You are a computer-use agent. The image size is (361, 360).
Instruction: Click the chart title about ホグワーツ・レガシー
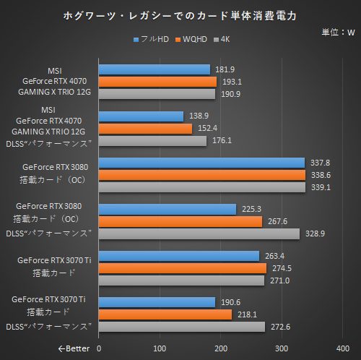click(x=180, y=14)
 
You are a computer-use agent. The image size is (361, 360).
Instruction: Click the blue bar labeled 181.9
click(x=155, y=69)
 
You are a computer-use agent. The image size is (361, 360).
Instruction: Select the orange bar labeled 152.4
click(x=145, y=128)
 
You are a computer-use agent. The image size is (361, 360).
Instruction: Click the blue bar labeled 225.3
click(x=168, y=210)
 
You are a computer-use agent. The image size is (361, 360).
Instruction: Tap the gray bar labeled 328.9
click(x=199, y=233)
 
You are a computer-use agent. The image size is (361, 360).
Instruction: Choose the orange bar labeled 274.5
click(x=183, y=268)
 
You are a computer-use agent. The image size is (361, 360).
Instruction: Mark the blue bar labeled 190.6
click(x=157, y=302)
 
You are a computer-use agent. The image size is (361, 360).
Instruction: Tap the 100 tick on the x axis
click(x=160, y=348)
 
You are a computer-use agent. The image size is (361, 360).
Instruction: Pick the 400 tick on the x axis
click(x=344, y=348)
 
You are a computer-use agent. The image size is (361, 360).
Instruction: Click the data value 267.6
click(x=275, y=222)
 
